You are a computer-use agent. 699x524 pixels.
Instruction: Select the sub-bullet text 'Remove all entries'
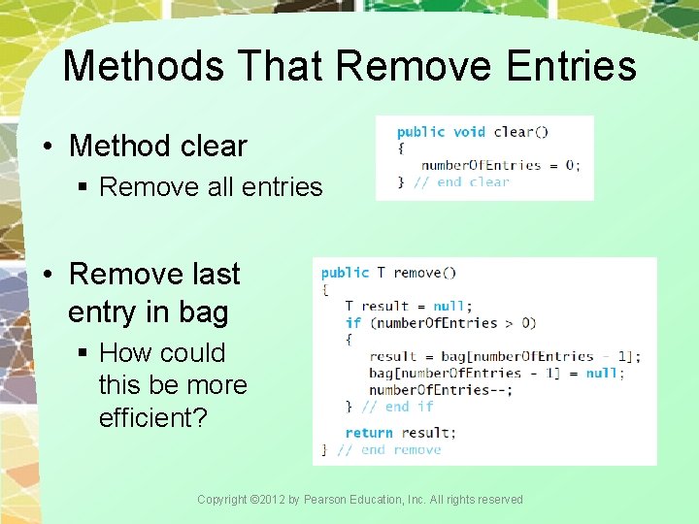click(211, 186)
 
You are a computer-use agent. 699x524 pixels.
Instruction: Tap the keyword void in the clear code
click(469, 132)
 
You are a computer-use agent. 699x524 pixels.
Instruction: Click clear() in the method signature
click(520, 132)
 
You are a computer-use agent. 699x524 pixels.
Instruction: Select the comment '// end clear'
click(461, 181)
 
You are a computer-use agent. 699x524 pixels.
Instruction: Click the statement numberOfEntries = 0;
click(501, 165)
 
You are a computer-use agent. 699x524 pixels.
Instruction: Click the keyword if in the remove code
click(352, 322)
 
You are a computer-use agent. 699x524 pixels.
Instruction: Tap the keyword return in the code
click(369, 433)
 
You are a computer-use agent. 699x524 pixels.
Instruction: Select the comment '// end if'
click(397, 407)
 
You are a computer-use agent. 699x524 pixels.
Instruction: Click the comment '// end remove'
click(388, 449)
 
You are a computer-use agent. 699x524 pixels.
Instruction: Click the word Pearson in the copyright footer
click(328, 500)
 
